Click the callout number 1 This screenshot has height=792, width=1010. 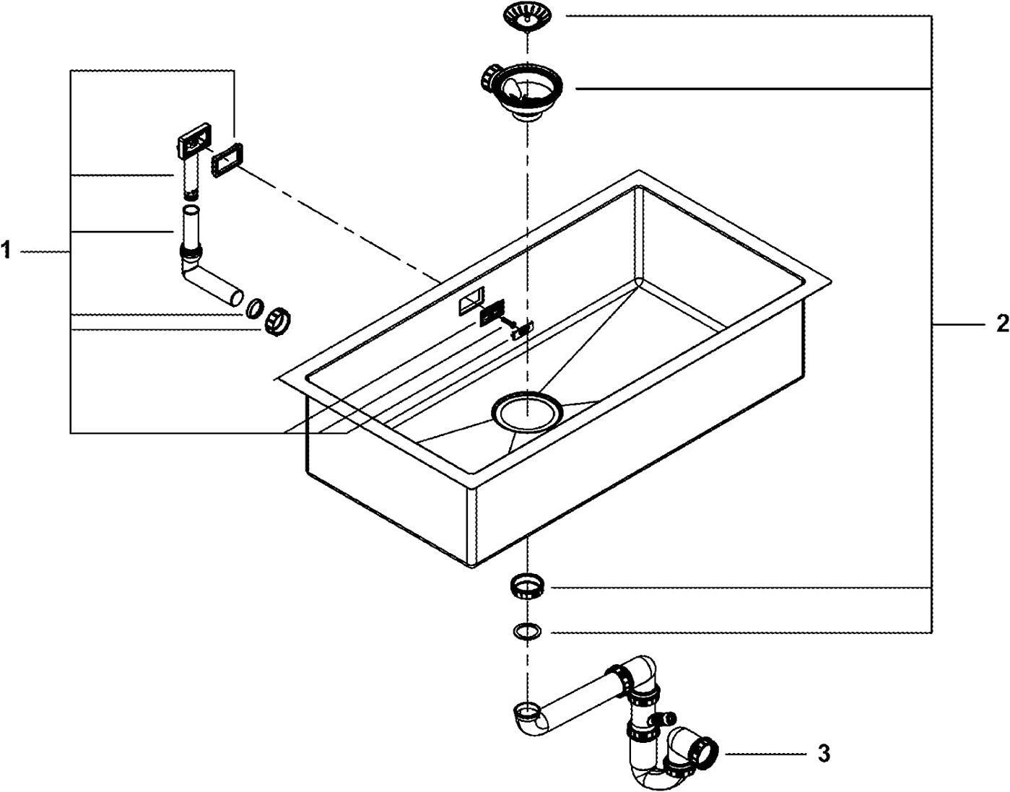tap(6, 251)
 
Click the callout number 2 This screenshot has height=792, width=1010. tap(1002, 324)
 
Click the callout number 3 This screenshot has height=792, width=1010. tap(824, 754)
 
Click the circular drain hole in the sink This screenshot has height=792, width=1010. tap(526, 414)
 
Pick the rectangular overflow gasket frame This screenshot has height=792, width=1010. tap(228, 159)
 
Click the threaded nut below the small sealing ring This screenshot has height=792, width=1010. tap(277, 323)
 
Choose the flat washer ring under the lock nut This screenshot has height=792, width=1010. tap(527, 632)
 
